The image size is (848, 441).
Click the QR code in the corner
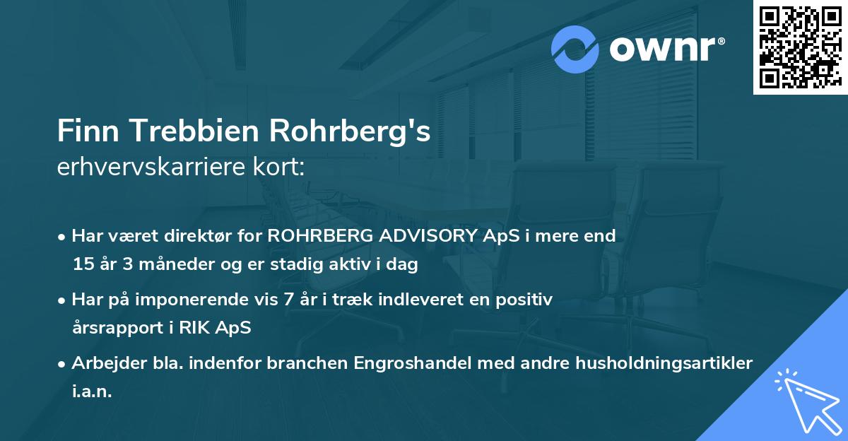(800, 47)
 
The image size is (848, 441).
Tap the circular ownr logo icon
(575, 49)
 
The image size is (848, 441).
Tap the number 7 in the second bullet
(288, 300)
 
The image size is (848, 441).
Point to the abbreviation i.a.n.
(92, 392)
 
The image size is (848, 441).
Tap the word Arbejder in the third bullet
(104, 363)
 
